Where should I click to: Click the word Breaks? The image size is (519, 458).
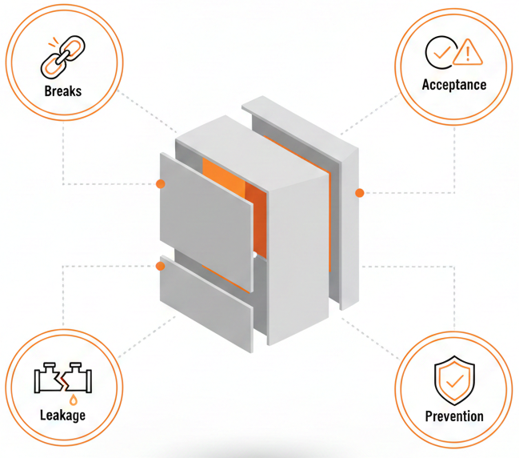[62, 90]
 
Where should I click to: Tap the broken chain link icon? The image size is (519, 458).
[62, 56]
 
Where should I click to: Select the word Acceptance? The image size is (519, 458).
[454, 85]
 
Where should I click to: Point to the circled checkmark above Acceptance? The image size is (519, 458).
[439, 51]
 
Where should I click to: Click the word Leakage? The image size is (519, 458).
[62, 415]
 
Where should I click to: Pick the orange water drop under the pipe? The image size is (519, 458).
[74, 399]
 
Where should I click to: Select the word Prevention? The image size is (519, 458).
[454, 416]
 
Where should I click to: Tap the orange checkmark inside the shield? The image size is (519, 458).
[454, 382]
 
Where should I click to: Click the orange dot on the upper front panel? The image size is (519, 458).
[161, 184]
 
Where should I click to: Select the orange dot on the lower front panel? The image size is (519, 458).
[161, 265]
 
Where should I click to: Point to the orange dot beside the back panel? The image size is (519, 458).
[360, 193]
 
